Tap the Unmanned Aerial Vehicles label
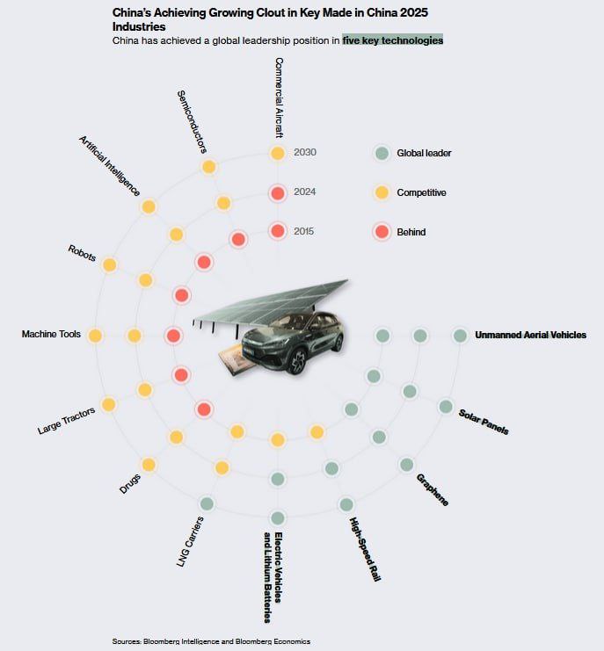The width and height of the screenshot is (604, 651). [x=530, y=335]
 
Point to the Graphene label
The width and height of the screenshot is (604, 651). [x=433, y=489]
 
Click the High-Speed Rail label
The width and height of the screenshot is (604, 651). [x=364, y=550]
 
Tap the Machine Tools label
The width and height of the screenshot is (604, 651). [x=51, y=335]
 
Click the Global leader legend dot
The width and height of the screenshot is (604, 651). [x=382, y=153]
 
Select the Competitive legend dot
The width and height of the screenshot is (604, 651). [x=382, y=192]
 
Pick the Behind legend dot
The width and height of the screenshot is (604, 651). [x=382, y=232]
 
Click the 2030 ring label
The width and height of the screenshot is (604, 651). [x=305, y=153]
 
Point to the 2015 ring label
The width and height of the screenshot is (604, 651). [x=305, y=231]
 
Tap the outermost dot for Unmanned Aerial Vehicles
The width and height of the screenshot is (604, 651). [x=460, y=336]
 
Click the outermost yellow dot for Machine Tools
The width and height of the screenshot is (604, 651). [x=95, y=336]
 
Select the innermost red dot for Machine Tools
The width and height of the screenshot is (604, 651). [x=173, y=336]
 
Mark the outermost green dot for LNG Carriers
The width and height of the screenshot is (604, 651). [x=207, y=503]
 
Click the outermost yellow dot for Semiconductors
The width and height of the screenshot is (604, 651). [x=209, y=167]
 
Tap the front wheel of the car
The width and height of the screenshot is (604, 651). [x=296, y=358]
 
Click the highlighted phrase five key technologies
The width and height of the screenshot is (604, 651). [x=393, y=40]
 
